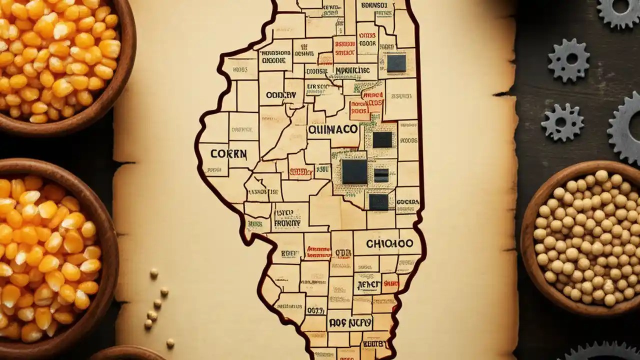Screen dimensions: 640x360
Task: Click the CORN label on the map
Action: coord(228,153)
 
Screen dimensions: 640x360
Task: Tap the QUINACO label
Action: coord(332,129)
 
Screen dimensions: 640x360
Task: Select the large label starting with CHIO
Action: coord(389,243)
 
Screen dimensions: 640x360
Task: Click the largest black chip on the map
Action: coord(354,171)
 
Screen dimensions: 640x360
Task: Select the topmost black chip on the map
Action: coord(396,63)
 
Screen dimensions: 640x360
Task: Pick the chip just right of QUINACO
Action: coord(382,139)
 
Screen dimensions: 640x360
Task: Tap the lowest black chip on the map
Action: coord(378,201)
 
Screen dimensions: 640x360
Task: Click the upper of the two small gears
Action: coord(568,60)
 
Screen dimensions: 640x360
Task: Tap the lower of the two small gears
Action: coord(562,122)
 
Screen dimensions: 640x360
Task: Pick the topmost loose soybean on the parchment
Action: coord(154,273)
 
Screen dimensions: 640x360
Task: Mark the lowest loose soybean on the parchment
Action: coord(170,343)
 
